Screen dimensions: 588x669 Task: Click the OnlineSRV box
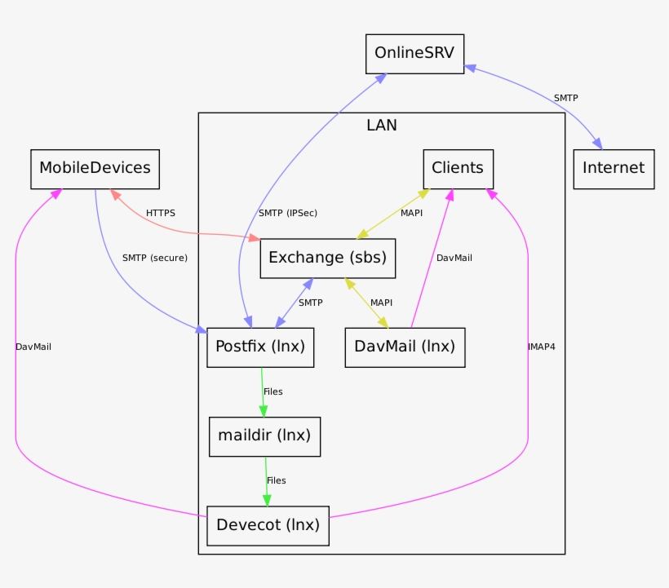click(414, 54)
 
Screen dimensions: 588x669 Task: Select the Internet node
click(614, 169)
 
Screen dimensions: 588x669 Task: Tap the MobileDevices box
click(95, 169)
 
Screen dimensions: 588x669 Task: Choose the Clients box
click(458, 169)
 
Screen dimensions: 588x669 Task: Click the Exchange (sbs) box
click(328, 259)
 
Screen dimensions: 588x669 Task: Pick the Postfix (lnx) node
click(259, 347)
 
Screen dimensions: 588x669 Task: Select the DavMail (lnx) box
click(405, 347)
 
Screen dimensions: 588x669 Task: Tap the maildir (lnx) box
click(264, 435)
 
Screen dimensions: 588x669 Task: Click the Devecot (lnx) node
click(268, 525)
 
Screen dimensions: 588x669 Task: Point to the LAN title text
click(382, 126)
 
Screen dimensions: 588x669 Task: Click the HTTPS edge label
click(161, 214)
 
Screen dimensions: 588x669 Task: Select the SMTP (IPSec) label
click(288, 214)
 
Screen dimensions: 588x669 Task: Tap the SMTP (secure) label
click(155, 259)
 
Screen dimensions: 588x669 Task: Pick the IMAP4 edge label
click(541, 347)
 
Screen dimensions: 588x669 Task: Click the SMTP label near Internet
click(565, 99)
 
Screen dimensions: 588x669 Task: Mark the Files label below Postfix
click(273, 392)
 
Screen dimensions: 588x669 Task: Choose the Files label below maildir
click(277, 481)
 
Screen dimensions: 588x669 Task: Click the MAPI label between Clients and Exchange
click(411, 214)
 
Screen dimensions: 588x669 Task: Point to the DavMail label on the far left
click(33, 347)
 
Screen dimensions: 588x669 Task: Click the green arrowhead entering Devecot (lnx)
click(267, 500)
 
